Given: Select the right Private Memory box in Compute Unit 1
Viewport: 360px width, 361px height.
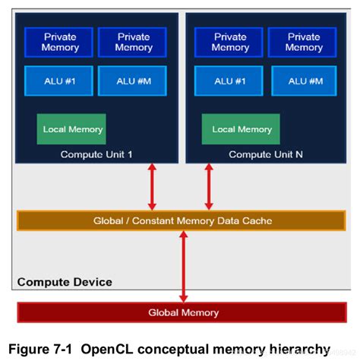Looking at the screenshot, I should pos(133,43).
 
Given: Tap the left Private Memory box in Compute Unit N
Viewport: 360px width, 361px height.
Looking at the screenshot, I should pos(230,43).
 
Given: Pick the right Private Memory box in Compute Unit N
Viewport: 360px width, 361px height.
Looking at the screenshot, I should pos(304,43).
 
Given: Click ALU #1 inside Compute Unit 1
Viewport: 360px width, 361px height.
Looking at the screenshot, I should pos(59,81).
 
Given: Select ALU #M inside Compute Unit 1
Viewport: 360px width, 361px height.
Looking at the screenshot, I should pos(133,81).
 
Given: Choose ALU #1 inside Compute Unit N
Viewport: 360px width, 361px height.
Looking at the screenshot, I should pos(230,81).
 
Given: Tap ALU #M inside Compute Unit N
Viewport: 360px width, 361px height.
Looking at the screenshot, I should pos(304,81).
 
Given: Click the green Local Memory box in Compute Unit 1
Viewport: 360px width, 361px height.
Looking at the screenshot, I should pos(72,129).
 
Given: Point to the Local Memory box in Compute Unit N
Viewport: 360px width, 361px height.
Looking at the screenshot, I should pos(242,129).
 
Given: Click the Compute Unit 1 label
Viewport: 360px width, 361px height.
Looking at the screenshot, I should pos(96,154).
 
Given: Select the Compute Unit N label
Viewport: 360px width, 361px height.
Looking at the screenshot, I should pos(266,154).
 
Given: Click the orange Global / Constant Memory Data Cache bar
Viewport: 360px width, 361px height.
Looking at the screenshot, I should pos(182,221).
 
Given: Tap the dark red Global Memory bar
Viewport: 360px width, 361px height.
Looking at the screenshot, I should pos(182,312).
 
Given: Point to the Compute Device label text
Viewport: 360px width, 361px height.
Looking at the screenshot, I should pos(65,282).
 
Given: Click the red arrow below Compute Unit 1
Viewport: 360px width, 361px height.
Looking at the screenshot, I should pos(152,186).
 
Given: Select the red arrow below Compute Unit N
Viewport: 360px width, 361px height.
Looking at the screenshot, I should pos(209,186).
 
